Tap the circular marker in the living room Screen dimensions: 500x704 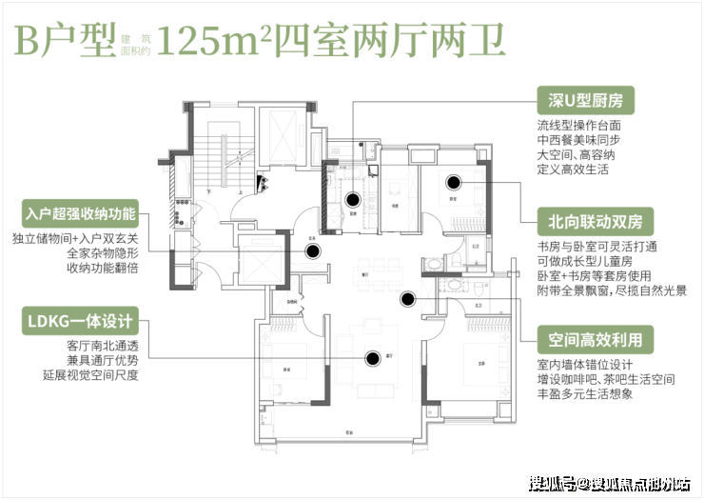coord(373,358)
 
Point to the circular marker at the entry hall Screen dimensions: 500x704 coord(313,250)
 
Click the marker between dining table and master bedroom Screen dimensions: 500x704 coord(408,298)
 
